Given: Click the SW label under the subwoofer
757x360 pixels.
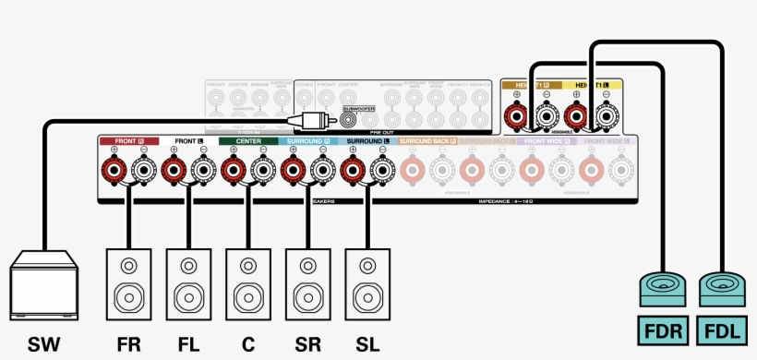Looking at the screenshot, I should [43, 345].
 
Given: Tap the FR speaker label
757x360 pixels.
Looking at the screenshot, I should [129, 345].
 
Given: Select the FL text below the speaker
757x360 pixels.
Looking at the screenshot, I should [188, 345].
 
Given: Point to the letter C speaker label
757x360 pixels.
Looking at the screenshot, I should [247, 345].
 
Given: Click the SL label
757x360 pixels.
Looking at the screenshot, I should [366, 345].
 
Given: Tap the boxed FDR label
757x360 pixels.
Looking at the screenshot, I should [664, 330].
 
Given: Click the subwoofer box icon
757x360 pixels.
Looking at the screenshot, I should [43, 287].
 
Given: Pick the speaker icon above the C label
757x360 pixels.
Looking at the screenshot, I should [247, 282].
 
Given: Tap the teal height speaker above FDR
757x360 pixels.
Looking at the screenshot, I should [664, 290].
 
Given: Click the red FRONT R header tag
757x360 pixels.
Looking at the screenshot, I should [129, 141].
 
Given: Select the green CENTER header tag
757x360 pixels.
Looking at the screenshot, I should [247, 141].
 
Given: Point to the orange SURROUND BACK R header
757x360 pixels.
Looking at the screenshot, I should [427, 141].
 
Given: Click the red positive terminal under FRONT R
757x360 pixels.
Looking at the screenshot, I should [114, 170].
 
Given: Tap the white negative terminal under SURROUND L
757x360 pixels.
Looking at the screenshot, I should [381, 170].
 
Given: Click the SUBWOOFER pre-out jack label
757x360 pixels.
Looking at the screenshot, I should [359, 109].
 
